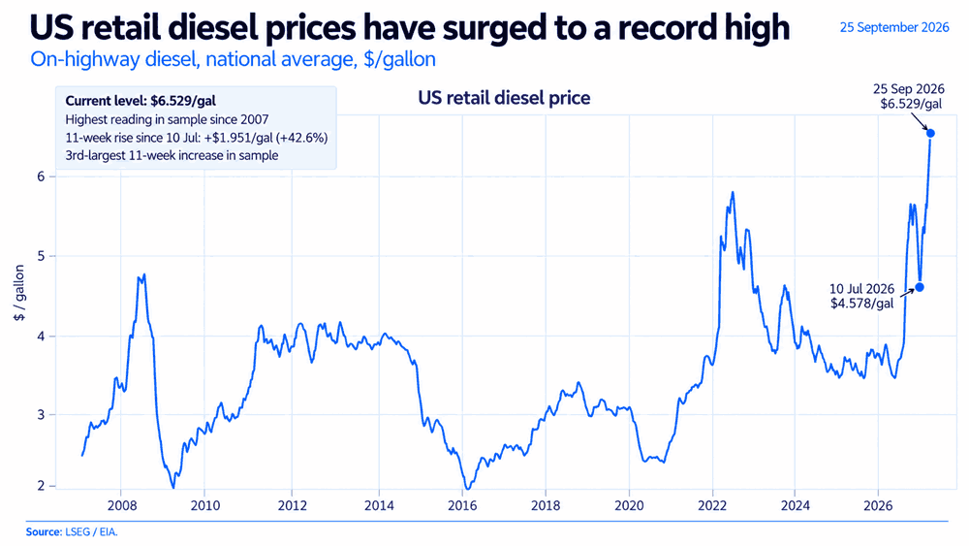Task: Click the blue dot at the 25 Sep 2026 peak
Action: pos(930,133)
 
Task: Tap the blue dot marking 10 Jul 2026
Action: pos(920,287)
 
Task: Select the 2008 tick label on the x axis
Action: pos(122,506)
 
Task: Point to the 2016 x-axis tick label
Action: pos(461,506)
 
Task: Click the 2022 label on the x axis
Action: pos(712,506)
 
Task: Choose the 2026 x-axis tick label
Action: pos(878,506)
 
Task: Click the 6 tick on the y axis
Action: pos(42,177)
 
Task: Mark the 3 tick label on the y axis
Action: pos(42,415)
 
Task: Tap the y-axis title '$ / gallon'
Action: pos(19,293)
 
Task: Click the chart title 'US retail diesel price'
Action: pos(504,98)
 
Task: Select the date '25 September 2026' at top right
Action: pos(894,27)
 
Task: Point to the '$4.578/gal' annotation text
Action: pos(862,304)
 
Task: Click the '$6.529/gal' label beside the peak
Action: pos(912,103)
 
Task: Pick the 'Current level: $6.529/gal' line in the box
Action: pos(141,101)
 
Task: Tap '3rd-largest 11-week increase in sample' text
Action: pos(172,155)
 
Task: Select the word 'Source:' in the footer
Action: pos(44,531)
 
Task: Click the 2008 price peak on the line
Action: pos(144,274)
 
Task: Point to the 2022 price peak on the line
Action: pos(733,192)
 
